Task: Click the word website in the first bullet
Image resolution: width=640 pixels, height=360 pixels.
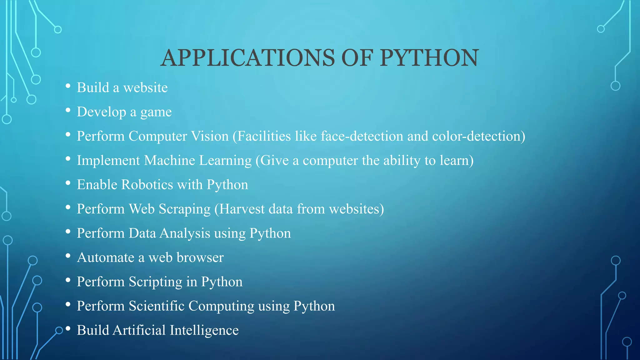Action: tap(145, 88)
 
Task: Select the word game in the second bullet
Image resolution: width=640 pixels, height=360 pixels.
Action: tap(156, 112)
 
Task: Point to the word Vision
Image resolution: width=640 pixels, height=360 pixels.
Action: tap(210, 136)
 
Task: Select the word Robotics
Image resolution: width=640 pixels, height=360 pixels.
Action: tap(147, 185)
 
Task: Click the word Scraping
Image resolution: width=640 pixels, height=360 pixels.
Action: tap(185, 209)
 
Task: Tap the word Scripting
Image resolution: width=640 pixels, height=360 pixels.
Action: tap(156, 282)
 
